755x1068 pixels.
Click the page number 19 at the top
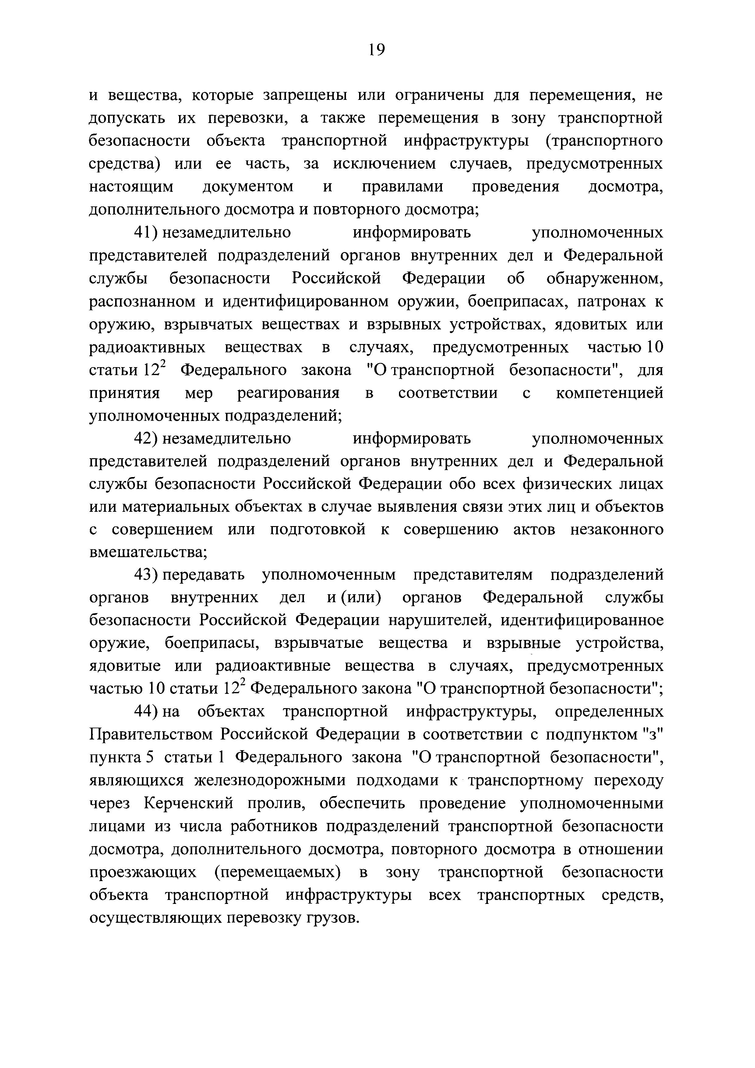376,50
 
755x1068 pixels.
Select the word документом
249,187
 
